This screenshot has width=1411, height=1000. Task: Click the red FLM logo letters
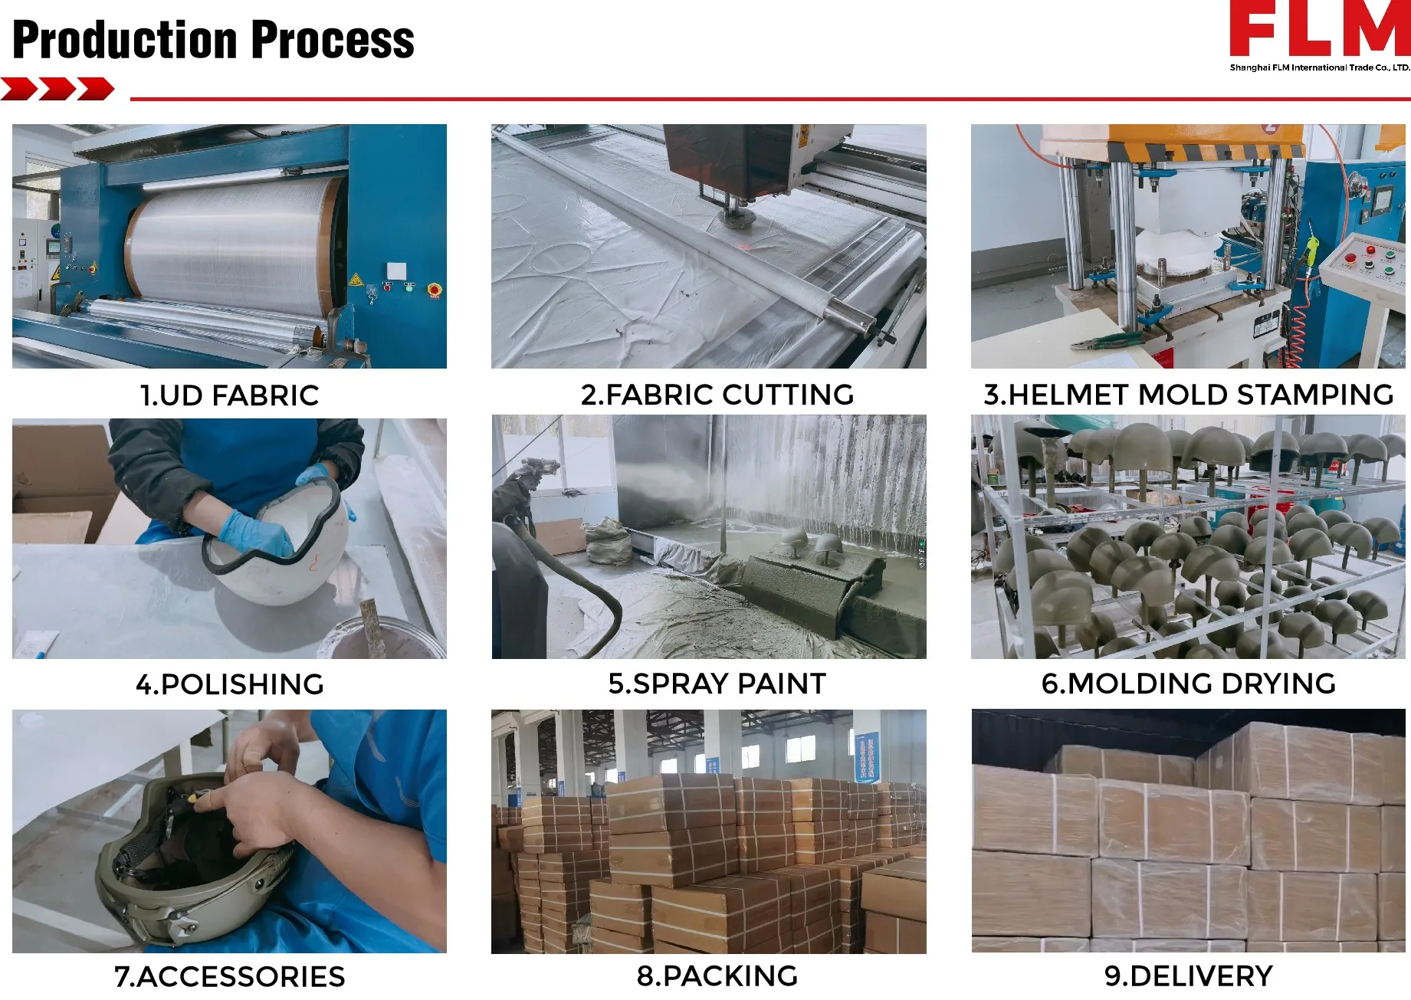pos(1320,28)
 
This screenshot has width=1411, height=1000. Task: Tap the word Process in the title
pos(333,40)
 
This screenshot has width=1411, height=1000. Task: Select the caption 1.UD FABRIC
pos(229,395)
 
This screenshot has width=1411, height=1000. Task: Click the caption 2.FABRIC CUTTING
pos(717,395)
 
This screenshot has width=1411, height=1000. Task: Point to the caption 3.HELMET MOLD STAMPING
pos(1189,395)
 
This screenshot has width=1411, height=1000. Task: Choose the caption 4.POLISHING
pos(230,684)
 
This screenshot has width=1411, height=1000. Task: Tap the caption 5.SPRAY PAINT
pos(717,684)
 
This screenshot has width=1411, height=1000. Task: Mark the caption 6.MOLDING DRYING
pos(1189,684)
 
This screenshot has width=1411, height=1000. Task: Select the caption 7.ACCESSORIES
pos(230,977)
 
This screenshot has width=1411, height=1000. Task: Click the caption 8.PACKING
pos(717,976)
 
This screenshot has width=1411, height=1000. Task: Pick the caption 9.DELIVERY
pos(1189,976)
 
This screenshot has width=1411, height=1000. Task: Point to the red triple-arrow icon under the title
pos(57,89)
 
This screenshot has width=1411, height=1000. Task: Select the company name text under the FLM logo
pos(1320,67)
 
